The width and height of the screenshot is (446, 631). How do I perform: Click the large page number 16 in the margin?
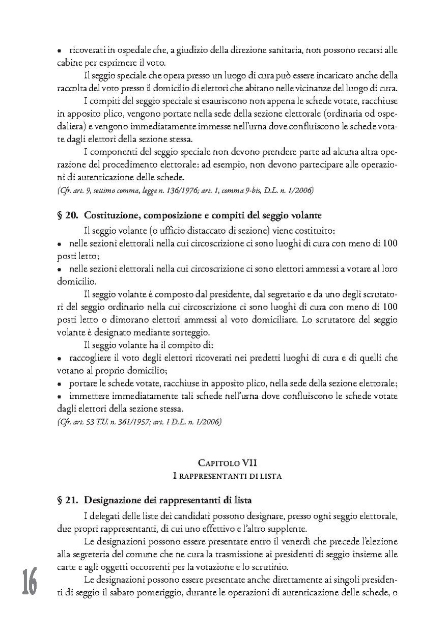[x=29, y=582]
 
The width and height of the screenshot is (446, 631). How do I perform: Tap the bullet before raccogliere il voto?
[x=59, y=358]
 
